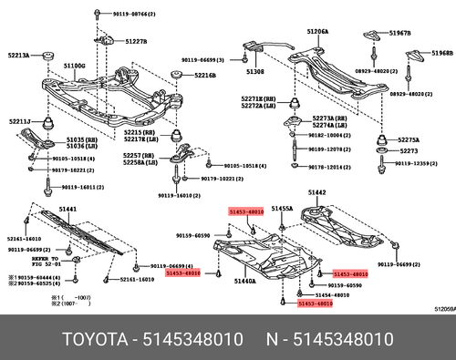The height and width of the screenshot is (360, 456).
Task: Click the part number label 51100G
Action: click(x=74, y=67)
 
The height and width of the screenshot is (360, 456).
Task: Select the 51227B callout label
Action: click(x=136, y=42)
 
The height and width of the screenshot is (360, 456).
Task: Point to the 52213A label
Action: click(x=19, y=56)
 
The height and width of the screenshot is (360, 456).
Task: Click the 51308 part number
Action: click(x=254, y=71)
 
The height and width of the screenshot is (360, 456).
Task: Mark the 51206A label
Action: click(x=317, y=31)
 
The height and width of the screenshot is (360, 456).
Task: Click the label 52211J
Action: click(x=19, y=121)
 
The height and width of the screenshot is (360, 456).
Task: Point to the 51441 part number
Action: click(x=67, y=209)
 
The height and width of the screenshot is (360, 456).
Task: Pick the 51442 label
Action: click(x=316, y=192)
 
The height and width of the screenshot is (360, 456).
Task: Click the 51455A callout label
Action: click(x=282, y=209)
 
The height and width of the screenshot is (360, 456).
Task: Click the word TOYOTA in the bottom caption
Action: click(x=96, y=339)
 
